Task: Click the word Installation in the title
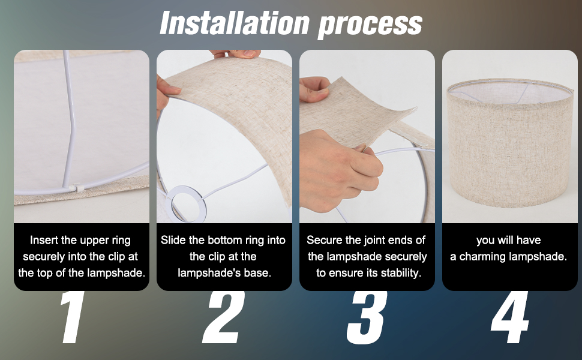click(x=235, y=23)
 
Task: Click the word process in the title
click(x=370, y=26)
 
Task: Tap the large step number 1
click(x=73, y=317)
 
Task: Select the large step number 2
click(x=223, y=317)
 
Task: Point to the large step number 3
click(x=367, y=317)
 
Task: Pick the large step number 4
click(x=510, y=317)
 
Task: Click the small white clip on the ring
click(x=79, y=188)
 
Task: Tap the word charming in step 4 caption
click(x=482, y=256)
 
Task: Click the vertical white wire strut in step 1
click(x=70, y=119)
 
